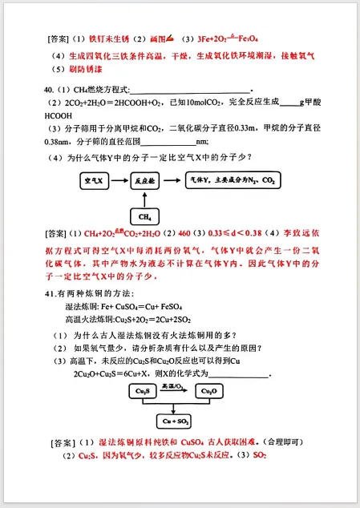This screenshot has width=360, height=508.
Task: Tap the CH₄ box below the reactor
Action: point(146,216)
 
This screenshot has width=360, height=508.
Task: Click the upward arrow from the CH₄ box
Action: point(146,200)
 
